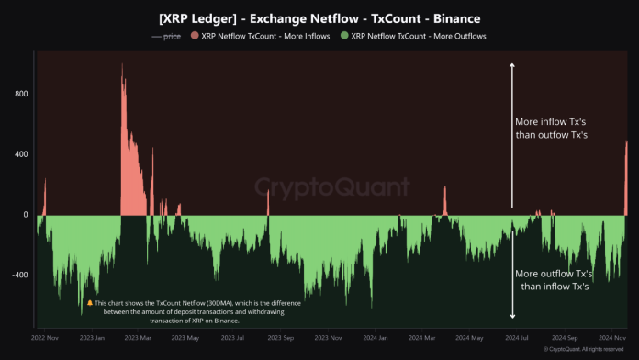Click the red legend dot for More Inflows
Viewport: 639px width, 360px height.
click(x=194, y=36)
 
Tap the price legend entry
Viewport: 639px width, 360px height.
click(x=165, y=36)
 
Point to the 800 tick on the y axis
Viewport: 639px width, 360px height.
click(x=21, y=94)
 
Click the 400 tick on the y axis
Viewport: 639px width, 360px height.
click(x=21, y=153)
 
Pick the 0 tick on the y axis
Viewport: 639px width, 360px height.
click(x=26, y=215)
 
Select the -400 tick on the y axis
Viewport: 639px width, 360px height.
click(x=19, y=275)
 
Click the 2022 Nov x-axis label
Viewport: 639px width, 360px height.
click(x=45, y=338)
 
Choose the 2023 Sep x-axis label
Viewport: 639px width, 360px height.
click(x=277, y=338)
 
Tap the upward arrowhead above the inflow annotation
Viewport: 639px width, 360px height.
click(x=512, y=65)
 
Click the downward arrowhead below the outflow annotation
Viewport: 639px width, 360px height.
click(x=512, y=317)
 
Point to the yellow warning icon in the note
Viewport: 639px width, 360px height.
click(x=90, y=302)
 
